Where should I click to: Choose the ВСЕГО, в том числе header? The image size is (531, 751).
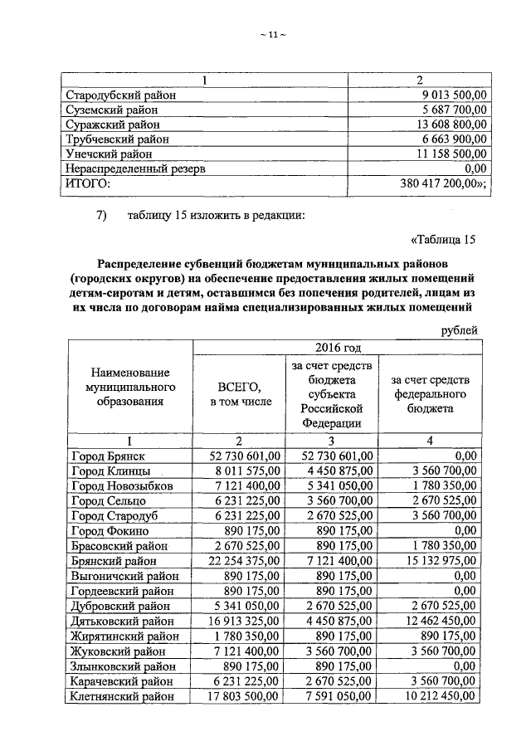(x=240, y=394)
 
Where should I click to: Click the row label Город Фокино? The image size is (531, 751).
(x=110, y=530)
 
